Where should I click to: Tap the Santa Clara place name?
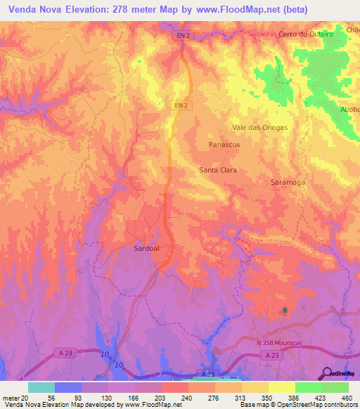(218, 170)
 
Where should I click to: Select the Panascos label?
(224, 144)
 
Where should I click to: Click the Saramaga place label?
(288, 182)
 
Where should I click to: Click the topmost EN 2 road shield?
(182, 34)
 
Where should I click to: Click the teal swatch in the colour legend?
(41, 387)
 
